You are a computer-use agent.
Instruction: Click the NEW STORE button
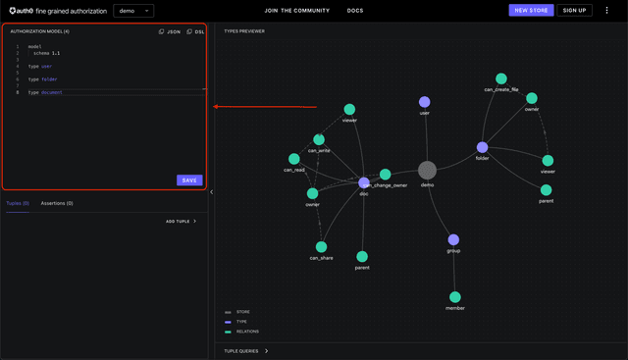(x=531, y=10)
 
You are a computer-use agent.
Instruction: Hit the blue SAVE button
(x=189, y=180)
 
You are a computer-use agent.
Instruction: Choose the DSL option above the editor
(x=196, y=31)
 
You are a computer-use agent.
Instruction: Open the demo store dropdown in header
(x=133, y=10)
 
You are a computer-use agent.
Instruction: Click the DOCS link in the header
(x=354, y=10)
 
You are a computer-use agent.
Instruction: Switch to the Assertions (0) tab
(x=57, y=203)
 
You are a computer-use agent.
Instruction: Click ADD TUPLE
(x=181, y=222)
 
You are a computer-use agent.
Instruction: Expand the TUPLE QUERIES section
(x=246, y=350)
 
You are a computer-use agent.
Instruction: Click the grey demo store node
(x=427, y=171)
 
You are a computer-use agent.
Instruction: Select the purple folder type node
(x=482, y=147)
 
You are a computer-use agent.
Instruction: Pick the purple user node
(x=425, y=101)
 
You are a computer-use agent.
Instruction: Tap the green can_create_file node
(x=501, y=78)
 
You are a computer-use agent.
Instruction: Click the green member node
(x=455, y=296)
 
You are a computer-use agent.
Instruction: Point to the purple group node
(x=453, y=239)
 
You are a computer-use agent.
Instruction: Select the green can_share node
(x=321, y=247)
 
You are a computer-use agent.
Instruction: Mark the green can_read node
(x=293, y=159)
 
